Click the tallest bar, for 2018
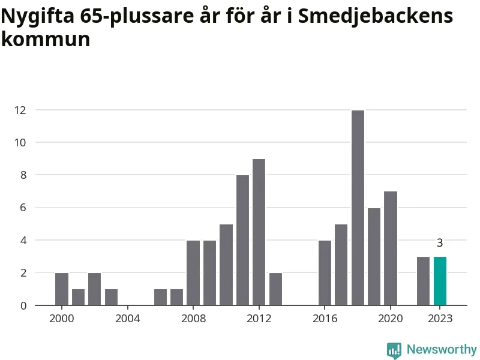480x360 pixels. click(x=358, y=208)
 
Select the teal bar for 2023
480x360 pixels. click(x=440, y=281)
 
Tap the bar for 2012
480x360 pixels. click(x=259, y=232)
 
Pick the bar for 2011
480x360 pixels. click(x=242, y=240)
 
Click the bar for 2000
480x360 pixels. click(x=62, y=289)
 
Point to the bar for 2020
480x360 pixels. click(x=391, y=248)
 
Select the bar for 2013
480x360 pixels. click(x=275, y=289)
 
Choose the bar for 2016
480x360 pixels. click(x=325, y=272)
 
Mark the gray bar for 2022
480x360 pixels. click(x=423, y=281)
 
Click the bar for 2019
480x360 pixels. click(x=374, y=256)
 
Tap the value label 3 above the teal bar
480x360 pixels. click(x=440, y=243)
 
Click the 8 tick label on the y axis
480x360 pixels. click(x=23, y=175)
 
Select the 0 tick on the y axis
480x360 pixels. click(x=23, y=305)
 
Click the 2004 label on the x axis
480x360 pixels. click(x=127, y=318)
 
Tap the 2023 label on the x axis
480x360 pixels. click(x=440, y=318)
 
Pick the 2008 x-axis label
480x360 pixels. click(x=193, y=318)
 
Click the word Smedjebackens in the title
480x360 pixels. click(x=376, y=16)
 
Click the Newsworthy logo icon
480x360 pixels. click(x=394, y=350)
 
